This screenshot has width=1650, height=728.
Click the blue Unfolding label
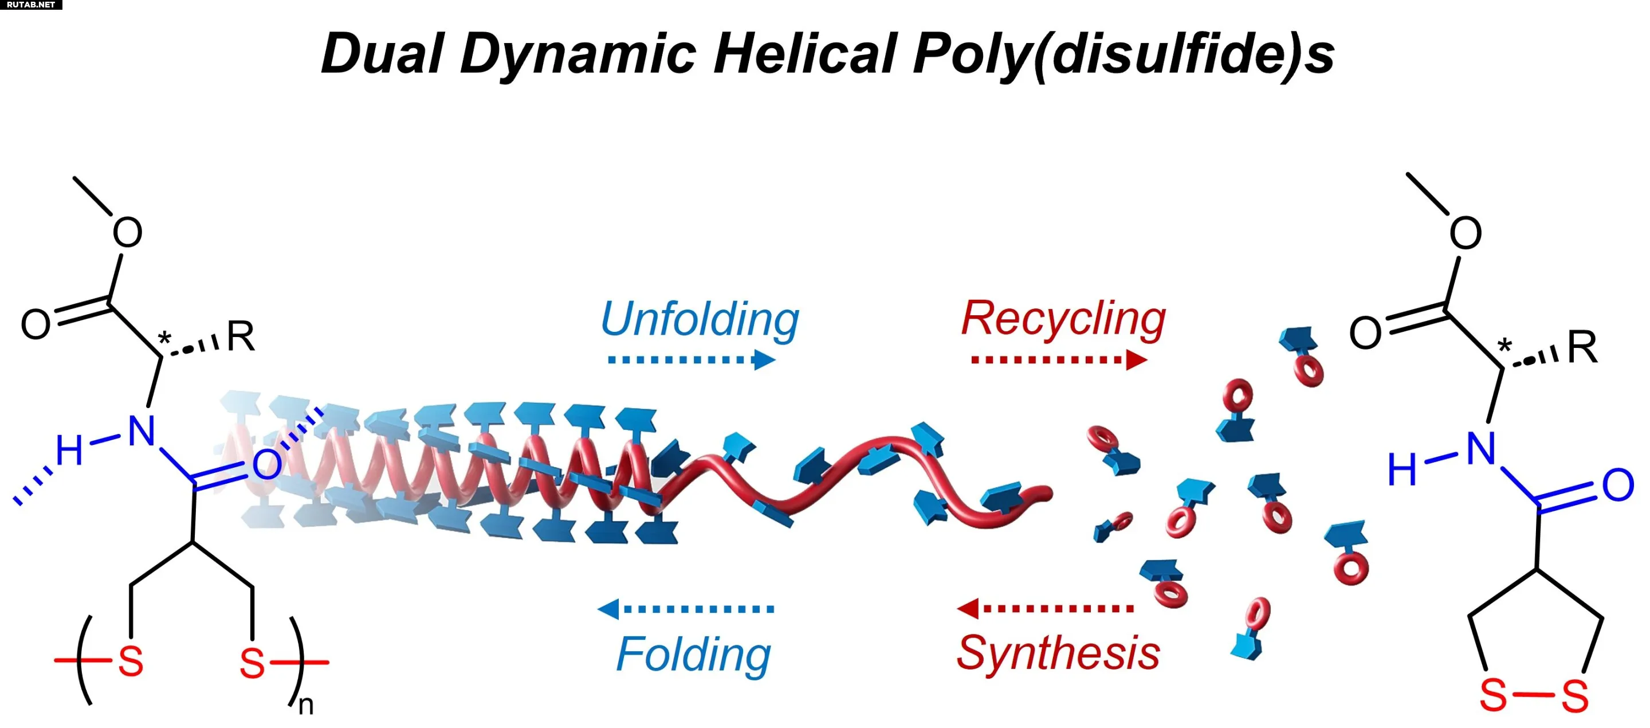coord(700,319)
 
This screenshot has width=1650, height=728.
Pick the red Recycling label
coord(1063,319)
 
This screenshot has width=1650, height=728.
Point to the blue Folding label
coord(693,653)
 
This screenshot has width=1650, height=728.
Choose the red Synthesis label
coord(1058,653)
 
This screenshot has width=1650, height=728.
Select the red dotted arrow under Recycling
coord(1059,360)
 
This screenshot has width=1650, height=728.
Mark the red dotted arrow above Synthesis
coord(1046,608)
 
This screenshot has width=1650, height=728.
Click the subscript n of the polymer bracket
coord(306,706)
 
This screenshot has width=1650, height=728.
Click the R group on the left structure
coord(241,336)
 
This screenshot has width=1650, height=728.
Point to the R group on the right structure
coord(1582,348)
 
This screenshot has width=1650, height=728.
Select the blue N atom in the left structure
coord(142,431)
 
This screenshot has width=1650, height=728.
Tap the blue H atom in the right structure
coord(1401,469)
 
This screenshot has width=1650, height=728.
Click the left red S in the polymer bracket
coord(131,662)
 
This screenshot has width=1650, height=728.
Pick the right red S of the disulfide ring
coord(1575,696)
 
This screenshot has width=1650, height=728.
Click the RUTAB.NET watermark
coord(31,5)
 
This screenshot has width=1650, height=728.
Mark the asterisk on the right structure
coord(1504,347)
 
